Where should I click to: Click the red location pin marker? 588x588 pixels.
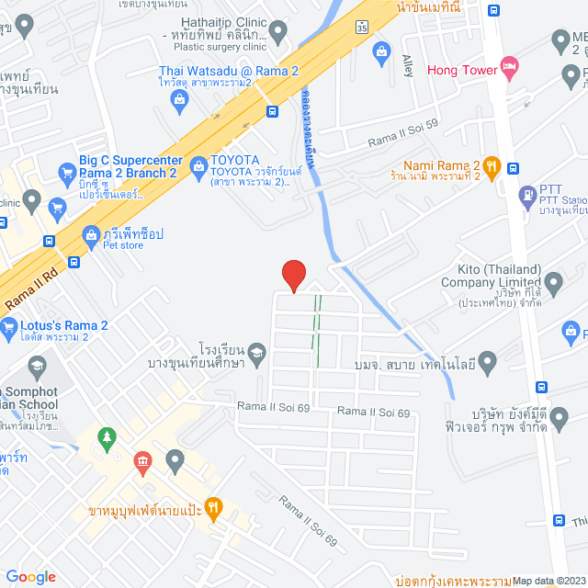click(293, 275)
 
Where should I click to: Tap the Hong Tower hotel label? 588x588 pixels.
click(460, 69)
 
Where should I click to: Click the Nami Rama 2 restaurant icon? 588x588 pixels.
click(492, 165)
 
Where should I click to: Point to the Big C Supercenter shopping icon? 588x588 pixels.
click(66, 172)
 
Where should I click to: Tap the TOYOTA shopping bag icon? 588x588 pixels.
click(198, 166)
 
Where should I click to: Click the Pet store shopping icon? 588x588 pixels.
click(91, 235)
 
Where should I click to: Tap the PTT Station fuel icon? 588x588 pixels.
click(527, 195)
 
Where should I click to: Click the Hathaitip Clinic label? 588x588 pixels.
click(221, 21)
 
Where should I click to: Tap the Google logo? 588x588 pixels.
click(30, 576)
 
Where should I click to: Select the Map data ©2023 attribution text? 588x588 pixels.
click(548, 580)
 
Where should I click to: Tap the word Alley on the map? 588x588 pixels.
click(408, 66)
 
